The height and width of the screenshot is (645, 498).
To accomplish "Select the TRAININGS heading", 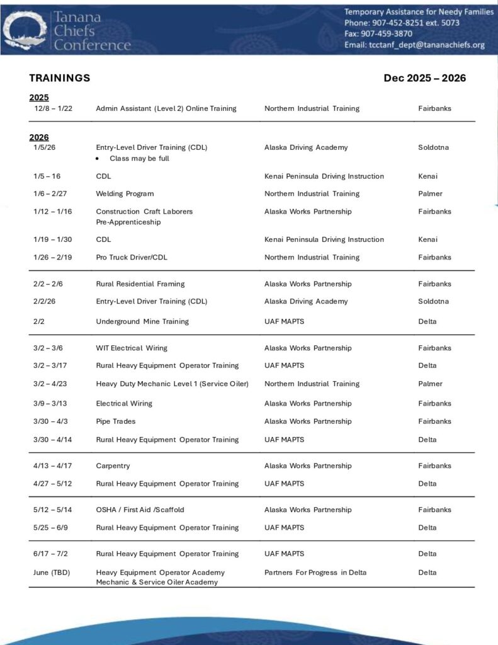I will pos(59,78).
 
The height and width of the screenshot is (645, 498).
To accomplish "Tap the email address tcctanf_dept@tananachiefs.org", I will pos(414,45).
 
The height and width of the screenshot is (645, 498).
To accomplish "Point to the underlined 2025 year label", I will pos(39,97).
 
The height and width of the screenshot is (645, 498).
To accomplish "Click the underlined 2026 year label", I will pos(39,137).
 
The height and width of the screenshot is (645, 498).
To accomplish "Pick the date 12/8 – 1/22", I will pos(53,108).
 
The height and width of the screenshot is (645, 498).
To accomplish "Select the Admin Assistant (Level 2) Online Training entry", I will pos(166,108).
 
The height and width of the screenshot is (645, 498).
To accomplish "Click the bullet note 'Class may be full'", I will pos(139,158).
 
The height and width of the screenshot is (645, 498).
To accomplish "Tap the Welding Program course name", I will pos(125,193).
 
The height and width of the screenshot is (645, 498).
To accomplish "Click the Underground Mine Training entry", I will pos(142,321).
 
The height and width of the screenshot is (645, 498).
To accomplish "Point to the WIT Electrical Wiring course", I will pos(132,348).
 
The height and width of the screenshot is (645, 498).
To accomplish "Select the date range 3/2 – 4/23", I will pos(52,384).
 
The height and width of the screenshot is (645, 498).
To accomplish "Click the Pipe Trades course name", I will pos(115,421).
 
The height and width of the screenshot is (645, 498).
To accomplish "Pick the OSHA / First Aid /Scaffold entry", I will pos(140,510).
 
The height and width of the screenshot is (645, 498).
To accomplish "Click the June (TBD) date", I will pos(52,572).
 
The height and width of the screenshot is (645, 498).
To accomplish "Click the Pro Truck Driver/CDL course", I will pos(132,257).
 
